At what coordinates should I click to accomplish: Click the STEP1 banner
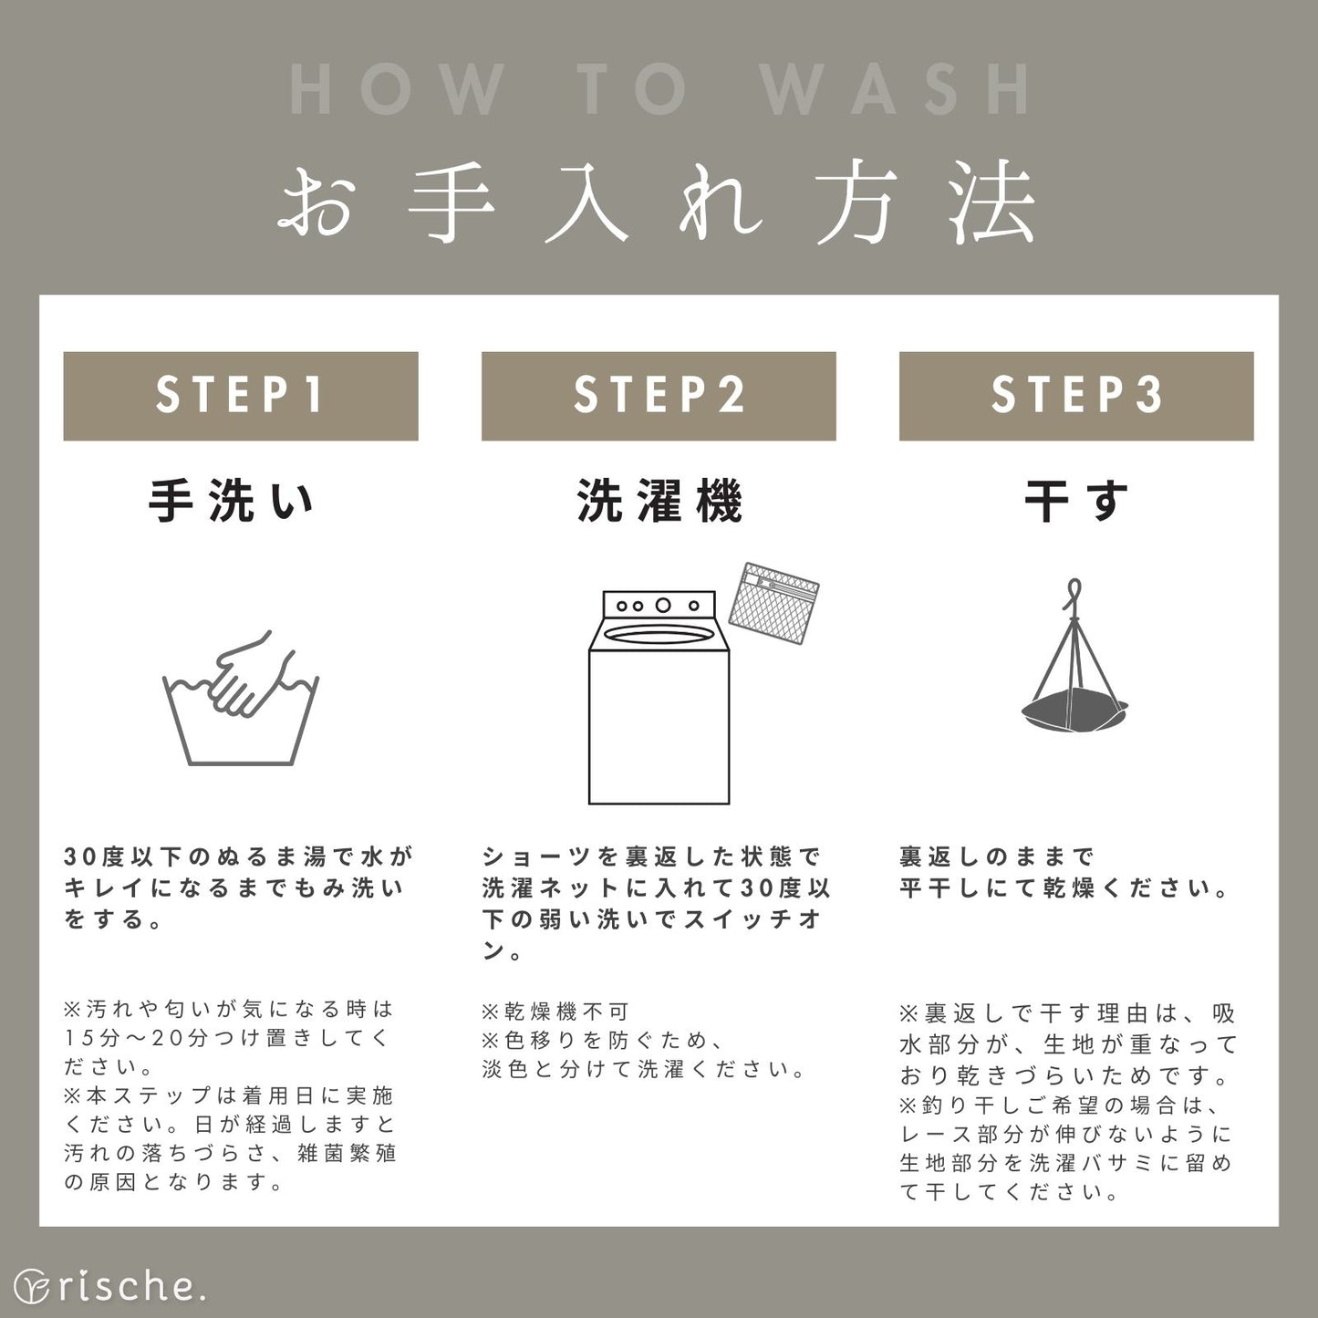[241, 396]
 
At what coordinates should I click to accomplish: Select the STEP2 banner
[659, 396]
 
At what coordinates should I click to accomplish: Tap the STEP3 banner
[1076, 396]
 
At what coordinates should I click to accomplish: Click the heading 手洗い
[231, 502]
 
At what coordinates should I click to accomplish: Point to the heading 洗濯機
[659, 502]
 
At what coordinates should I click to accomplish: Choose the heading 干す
[1076, 502]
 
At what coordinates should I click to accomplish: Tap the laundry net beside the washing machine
[773, 604]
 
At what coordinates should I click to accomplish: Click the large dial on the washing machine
[663, 606]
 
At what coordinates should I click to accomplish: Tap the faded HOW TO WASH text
[659, 89]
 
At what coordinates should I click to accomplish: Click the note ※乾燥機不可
[555, 1011]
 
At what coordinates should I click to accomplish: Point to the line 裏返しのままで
[997, 856]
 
